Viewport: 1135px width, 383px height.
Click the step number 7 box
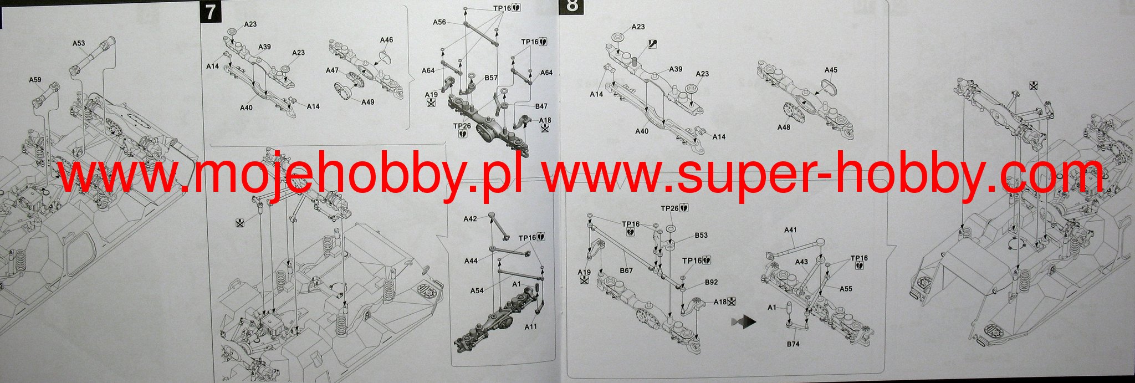point(209,12)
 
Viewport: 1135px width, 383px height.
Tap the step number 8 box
point(571,6)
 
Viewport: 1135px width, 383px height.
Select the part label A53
point(79,43)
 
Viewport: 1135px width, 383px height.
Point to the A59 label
point(35,80)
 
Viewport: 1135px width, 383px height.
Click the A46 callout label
point(386,40)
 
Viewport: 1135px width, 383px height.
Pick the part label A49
point(367,102)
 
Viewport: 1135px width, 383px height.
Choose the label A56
point(439,22)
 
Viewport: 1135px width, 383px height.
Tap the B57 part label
point(490,78)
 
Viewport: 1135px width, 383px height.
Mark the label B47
point(541,106)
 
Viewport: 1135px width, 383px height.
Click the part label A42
point(470,219)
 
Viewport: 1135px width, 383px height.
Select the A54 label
point(477,290)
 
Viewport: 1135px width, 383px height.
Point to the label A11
point(530,326)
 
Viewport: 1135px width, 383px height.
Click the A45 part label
point(831,70)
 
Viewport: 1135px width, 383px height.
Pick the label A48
point(784,127)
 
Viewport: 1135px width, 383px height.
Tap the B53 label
point(701,235)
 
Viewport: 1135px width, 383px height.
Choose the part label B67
point(626,270)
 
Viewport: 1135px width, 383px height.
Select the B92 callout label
point(712,282)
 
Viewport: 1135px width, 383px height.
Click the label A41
point(791,229)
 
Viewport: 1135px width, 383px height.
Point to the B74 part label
point(793,344)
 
